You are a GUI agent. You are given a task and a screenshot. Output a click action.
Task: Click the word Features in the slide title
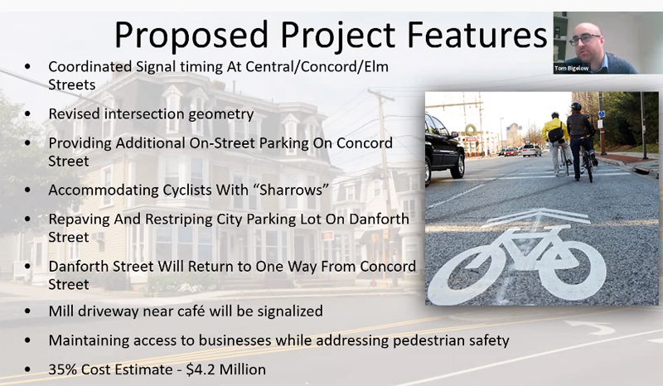coord(477,34)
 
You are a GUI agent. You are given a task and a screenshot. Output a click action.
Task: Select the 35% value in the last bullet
coord(63,369)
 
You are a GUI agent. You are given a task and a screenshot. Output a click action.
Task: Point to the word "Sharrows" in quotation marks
coord(292,190)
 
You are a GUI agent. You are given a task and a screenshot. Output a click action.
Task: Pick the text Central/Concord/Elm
coord(317,67)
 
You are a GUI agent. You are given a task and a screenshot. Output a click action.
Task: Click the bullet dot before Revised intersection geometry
coord(28,114)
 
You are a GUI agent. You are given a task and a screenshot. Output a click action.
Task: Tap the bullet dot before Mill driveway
coord(28,311)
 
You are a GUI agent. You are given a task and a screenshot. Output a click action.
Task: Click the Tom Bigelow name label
coord(572,68)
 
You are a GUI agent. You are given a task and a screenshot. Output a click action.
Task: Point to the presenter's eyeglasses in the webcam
coord(585,39)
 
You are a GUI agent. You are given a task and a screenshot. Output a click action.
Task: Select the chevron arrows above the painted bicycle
coord(539,217)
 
